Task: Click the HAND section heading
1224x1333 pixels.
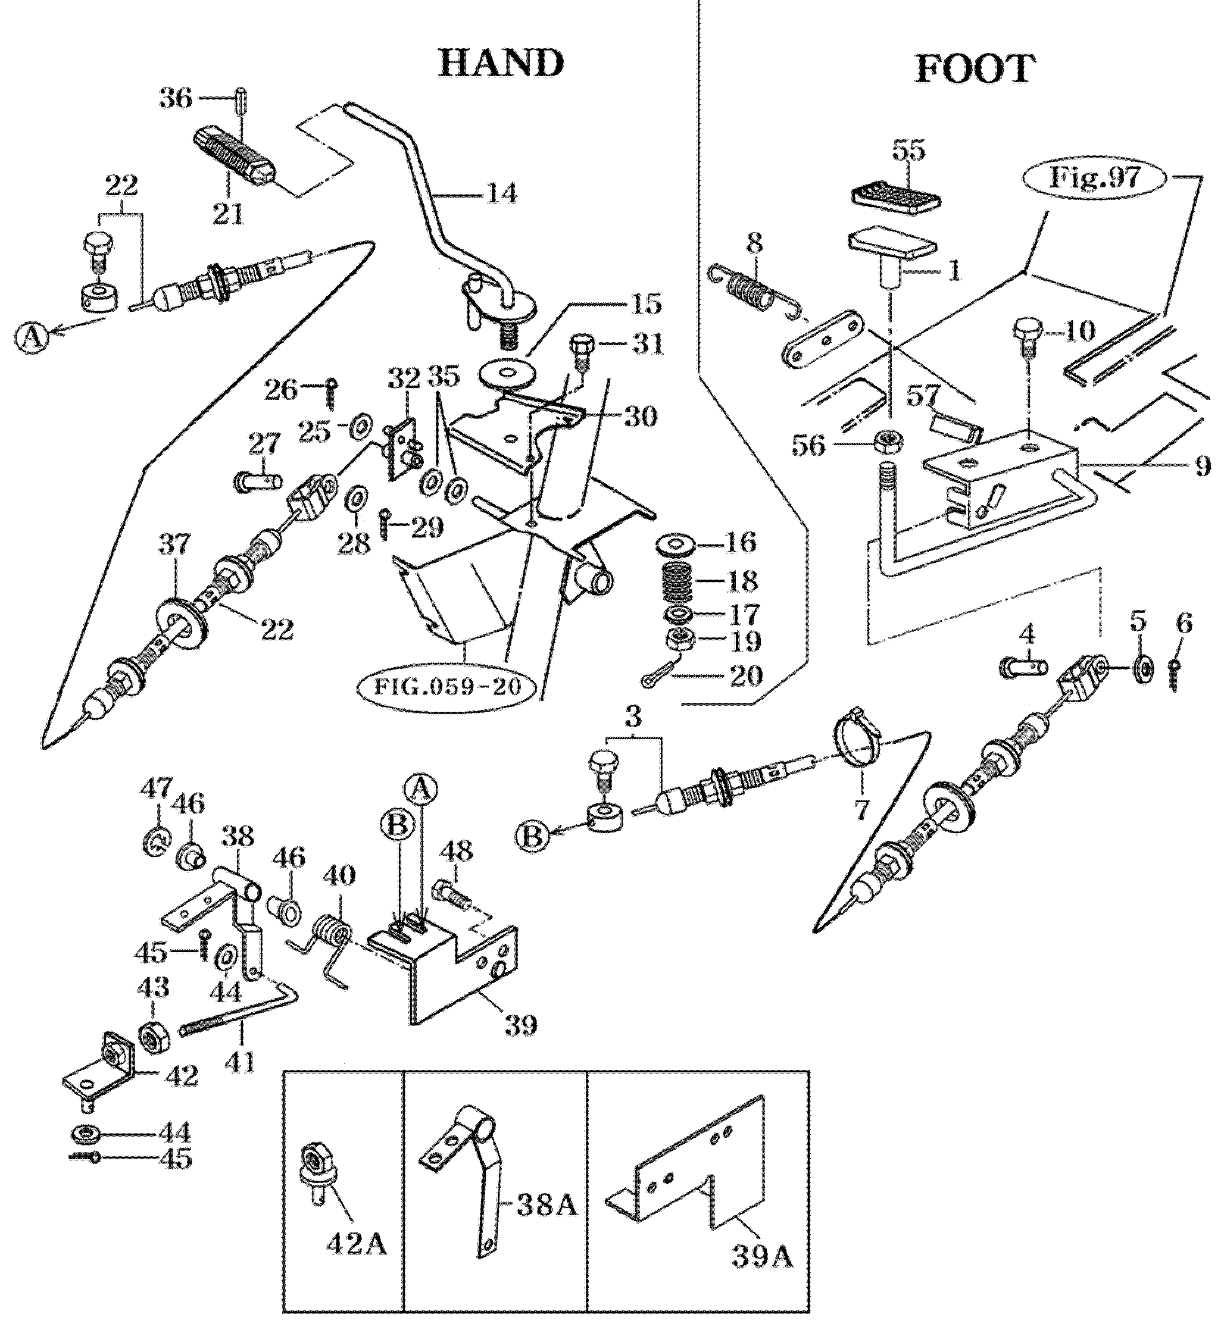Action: click(501, 64)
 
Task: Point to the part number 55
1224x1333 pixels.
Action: click(908, 152)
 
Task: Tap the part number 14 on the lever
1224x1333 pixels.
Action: click(501, 195)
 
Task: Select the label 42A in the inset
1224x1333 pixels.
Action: click(355, 1245)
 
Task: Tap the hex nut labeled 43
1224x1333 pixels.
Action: click(154, 1038)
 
